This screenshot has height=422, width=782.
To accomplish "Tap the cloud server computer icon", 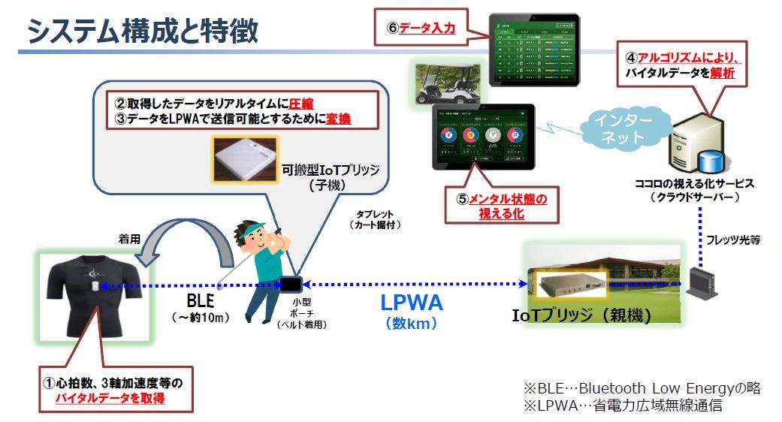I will [690, 143].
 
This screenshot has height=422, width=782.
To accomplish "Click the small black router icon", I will [702, 282].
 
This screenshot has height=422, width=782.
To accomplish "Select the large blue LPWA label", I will [411, 303].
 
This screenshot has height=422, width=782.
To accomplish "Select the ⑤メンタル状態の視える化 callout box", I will [503, 205].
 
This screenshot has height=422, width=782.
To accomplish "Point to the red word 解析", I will [720, 74].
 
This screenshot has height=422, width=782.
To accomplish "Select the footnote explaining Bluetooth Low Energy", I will [642, 388].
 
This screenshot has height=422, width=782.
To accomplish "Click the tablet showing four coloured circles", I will [483, 136].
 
